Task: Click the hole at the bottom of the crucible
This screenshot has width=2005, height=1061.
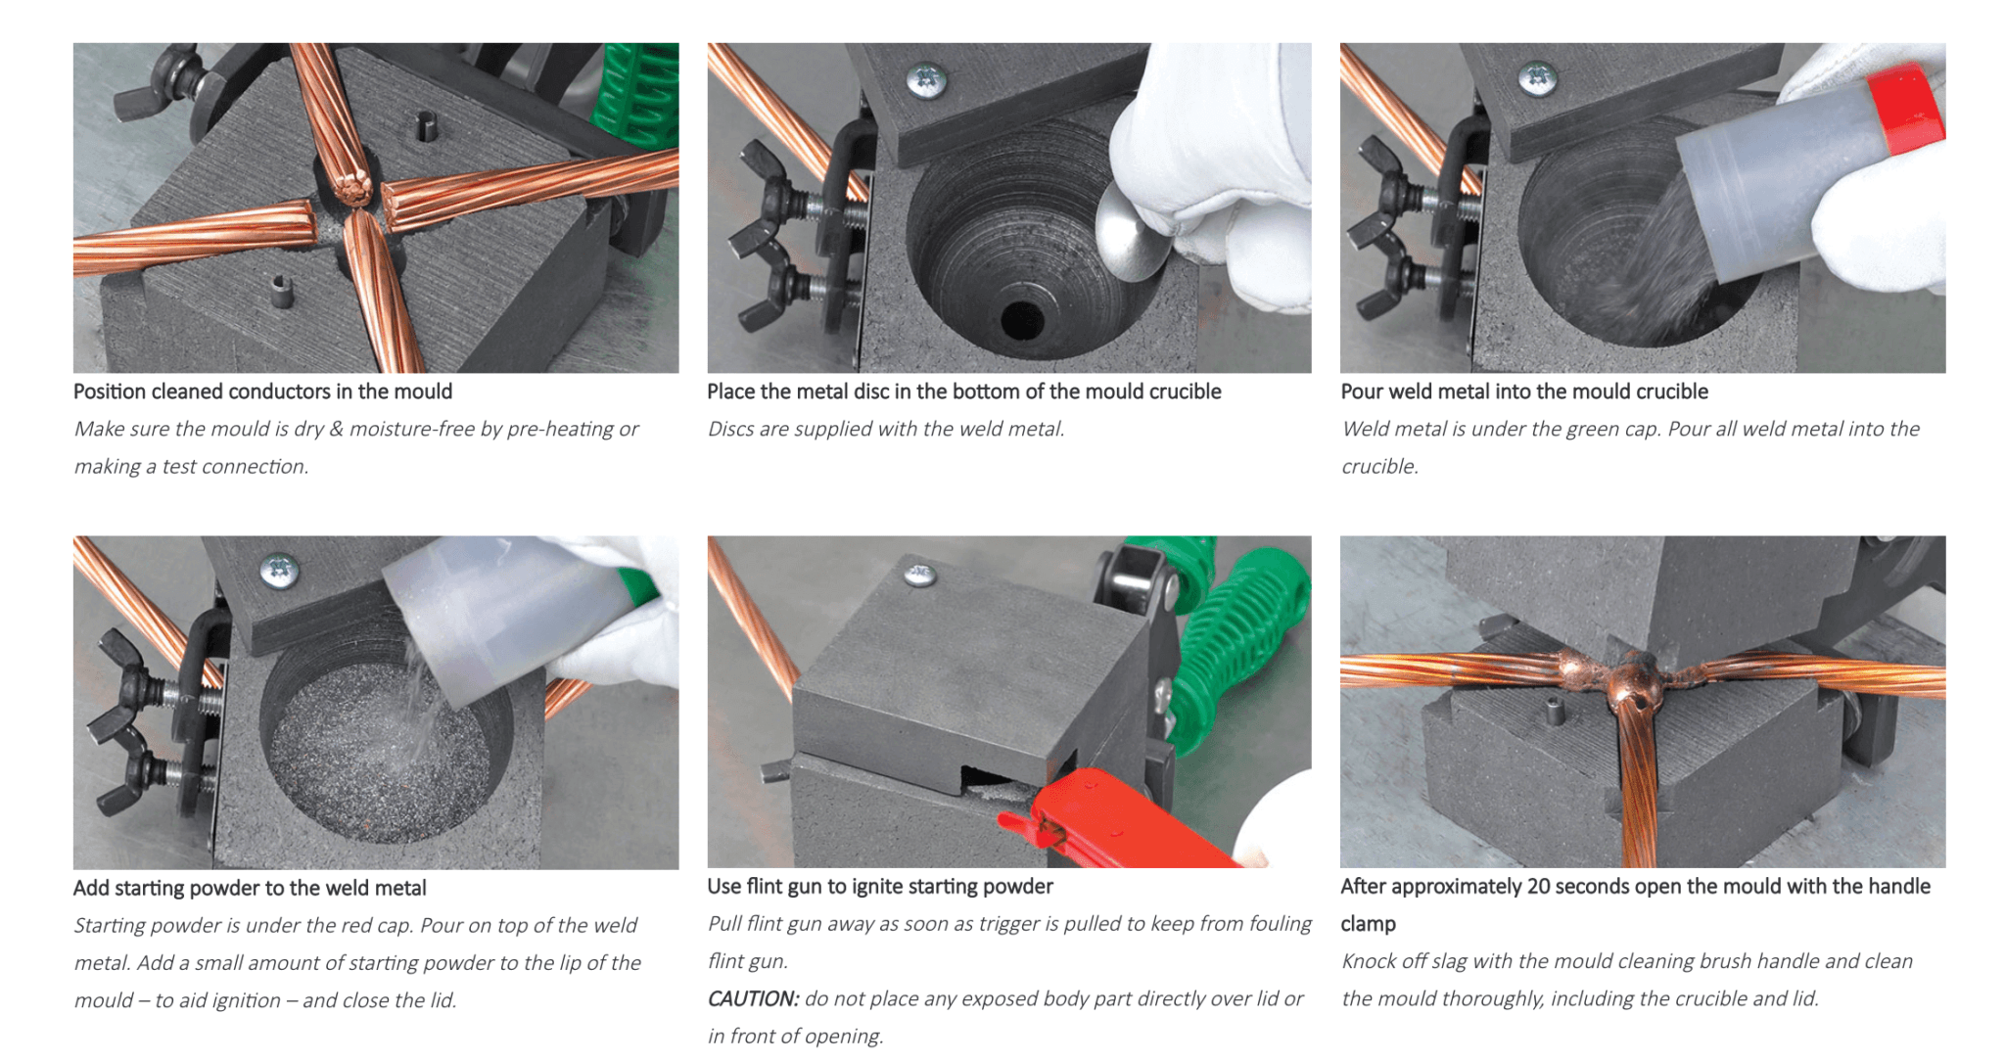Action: click(x=1022, y=319)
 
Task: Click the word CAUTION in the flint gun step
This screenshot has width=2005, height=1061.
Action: click(x=752, y=999)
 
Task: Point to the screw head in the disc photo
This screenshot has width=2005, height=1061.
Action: click(x=925, y=78)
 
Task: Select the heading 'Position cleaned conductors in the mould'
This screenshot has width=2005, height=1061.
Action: click(x=262, y=392)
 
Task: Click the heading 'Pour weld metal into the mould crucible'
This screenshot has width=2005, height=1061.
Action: click(x=1523, y=392)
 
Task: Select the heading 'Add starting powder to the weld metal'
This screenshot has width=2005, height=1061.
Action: click(x=250, y=889)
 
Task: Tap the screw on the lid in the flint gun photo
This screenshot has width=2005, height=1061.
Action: click(x=918, y=576)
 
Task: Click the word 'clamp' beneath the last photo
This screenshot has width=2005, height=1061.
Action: click(x=1367, y=924)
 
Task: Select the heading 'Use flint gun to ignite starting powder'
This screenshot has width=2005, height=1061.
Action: click(x=879, y=887)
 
